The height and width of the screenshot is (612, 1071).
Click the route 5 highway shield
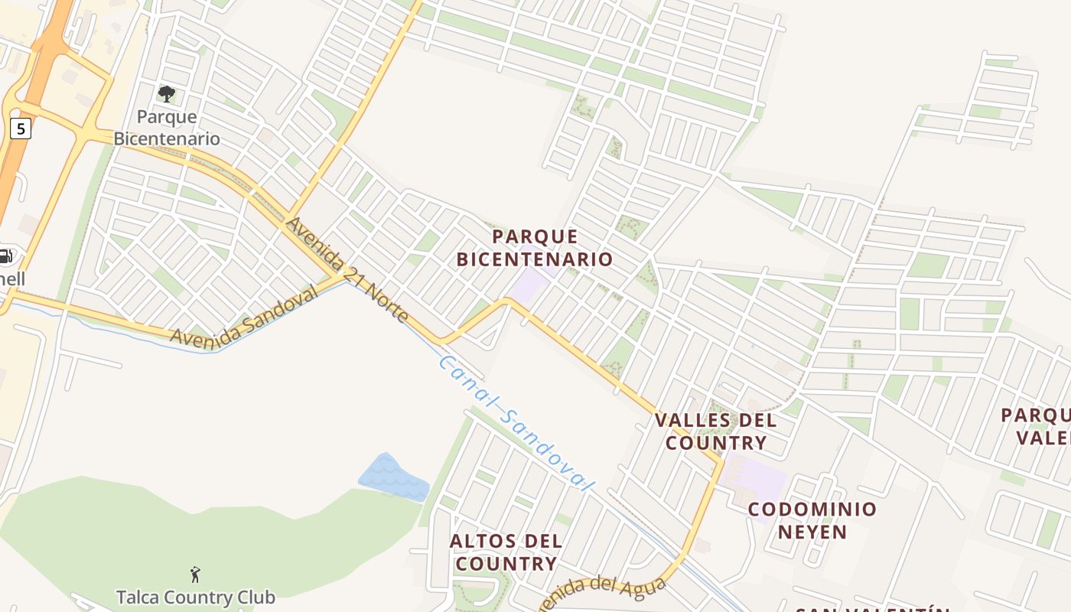pos(21,128)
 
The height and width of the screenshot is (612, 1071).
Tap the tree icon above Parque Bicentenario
pos(166,94)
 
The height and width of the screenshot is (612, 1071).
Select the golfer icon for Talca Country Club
pos(195,574)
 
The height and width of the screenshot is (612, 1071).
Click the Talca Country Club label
pos(195,596)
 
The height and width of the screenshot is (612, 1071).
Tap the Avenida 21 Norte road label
pos(347,269)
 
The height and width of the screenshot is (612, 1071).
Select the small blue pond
pos(392,477)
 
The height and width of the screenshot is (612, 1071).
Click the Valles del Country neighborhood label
pos(715,431)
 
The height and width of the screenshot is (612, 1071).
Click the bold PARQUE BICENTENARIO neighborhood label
pos(535,247)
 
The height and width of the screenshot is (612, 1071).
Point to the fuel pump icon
pos(5,257)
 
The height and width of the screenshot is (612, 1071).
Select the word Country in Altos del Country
pos(504,564)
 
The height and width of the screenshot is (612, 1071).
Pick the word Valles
pos(686,420)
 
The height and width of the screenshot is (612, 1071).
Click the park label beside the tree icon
pos(167,128)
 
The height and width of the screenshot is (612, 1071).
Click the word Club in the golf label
pos(256,596)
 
